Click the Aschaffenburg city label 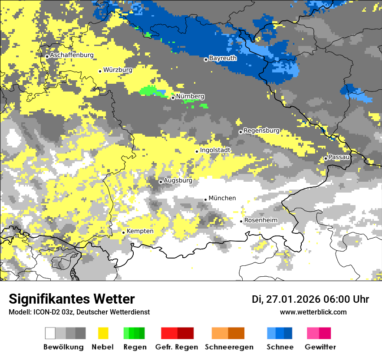pyautogui.click(x=72, y=56)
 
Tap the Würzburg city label pyautogui.click(x=118, y=70)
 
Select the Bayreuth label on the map pyautogui.click(x=223, y=58)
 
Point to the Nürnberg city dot pyautogui.click(x=173, y=98)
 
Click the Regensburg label pyautogui.click(x=261, y=131)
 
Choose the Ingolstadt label pyautogui.click(x=215, y=151)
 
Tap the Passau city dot pyautogui.click(x=326, y=158)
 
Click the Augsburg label pyautogui.click(x=178, y=181)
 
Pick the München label pyautogui.click(x=222, y=198)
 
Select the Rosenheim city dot pyautogui.click(x=241, y=221)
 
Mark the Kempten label pyautogui.click(x=140, y=231)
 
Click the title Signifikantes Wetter pyautogui.click(x=72, y=299)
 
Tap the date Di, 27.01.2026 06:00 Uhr pyautogui.click(x=310, y=299)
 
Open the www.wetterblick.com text pyautogui.click(x=313, y=312)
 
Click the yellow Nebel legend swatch pyautogui.click(x=103, y=333)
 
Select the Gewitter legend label pyautogui.click(x=320, y=347)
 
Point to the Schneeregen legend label pyautogui.click(x=229, y=347)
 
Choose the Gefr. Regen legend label pyautogui.click(x=177, y=347)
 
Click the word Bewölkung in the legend pyautogui.click(x=63, y=347)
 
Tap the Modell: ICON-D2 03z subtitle pyautogui.click(x=79, y=312)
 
